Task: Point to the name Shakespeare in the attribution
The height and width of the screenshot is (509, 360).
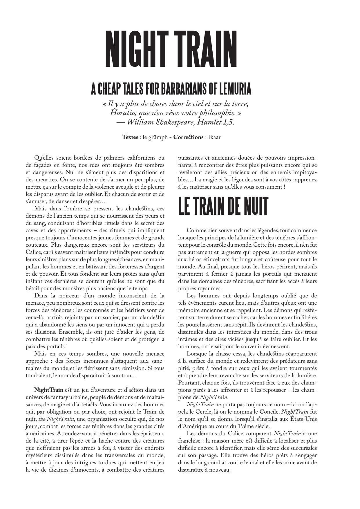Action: pyautogui.click(x=175, y=122)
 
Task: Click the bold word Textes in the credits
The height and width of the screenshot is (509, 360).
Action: pyautogui.click(x=130, y=137)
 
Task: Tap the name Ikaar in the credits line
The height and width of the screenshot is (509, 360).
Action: pyautogui.click(x=214, y=137)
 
